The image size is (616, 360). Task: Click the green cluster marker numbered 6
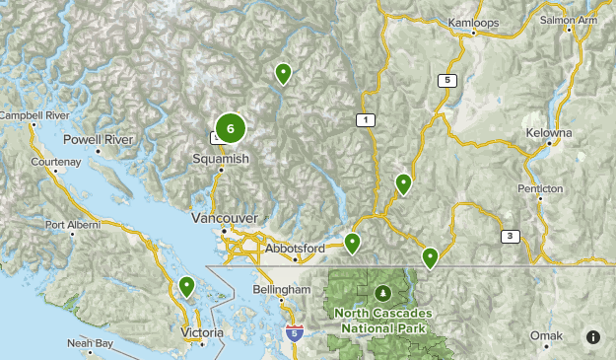click(230, 128)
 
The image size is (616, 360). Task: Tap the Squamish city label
click(221, 158)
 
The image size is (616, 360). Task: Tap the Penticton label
click(539, 187)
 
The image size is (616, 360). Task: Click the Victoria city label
click(202, 333)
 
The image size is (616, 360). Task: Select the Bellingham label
click(286, 290)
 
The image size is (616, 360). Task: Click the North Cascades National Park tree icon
click(383, 293)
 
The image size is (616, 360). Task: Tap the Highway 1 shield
click(365, 119)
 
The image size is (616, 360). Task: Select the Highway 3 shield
click(510, 236)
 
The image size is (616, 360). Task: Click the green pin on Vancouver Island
click(186, 286)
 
